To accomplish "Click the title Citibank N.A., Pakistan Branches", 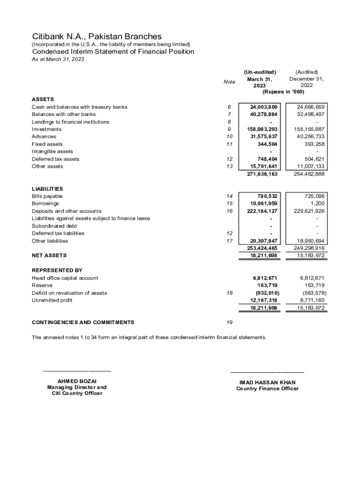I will (97, 36).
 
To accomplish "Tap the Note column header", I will (229, 82).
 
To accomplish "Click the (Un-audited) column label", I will (260, 72).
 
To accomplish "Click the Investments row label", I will (46, 129).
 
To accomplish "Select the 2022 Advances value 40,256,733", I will (307, 137).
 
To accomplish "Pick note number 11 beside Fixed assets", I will (229, 144).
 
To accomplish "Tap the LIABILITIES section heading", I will (47, 189).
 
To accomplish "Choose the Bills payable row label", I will (47, 196).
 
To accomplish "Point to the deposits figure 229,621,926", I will (307, 211).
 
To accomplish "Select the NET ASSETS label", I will (49, 255).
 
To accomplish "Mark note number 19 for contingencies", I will (229, 322).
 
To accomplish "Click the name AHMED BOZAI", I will (77, 381).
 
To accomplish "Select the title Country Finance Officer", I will (267, 389).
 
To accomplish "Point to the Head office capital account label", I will (65, 278).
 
